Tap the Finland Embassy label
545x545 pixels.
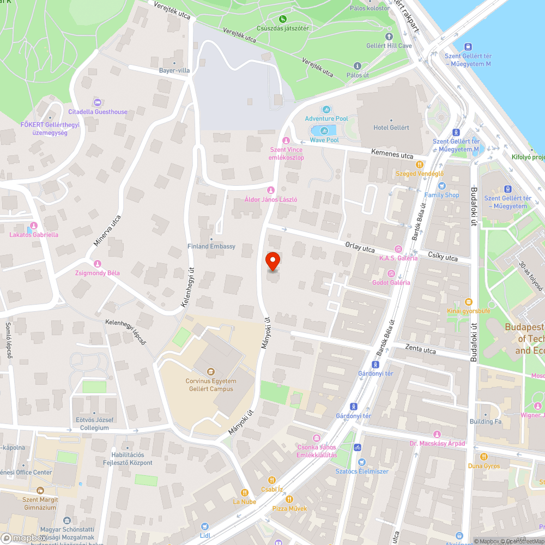pos(211,246)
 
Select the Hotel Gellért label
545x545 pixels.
pos(391,128)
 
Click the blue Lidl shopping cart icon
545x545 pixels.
pos(205,526)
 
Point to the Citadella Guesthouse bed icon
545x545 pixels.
pos(98,102)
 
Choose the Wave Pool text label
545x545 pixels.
pos(324,140)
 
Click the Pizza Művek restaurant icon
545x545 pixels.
pos(289,499)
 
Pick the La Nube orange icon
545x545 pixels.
pos(245,492)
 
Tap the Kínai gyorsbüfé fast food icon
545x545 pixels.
pos(468,302)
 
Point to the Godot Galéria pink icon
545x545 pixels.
pos(391,274)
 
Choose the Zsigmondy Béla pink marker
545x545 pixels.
pos(98,264)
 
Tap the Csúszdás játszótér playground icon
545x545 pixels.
pos(283,20)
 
